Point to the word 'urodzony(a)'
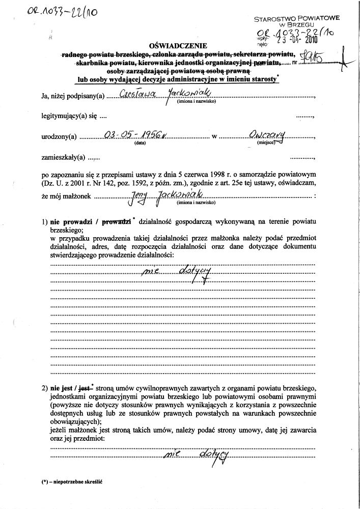coord(59,136)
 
